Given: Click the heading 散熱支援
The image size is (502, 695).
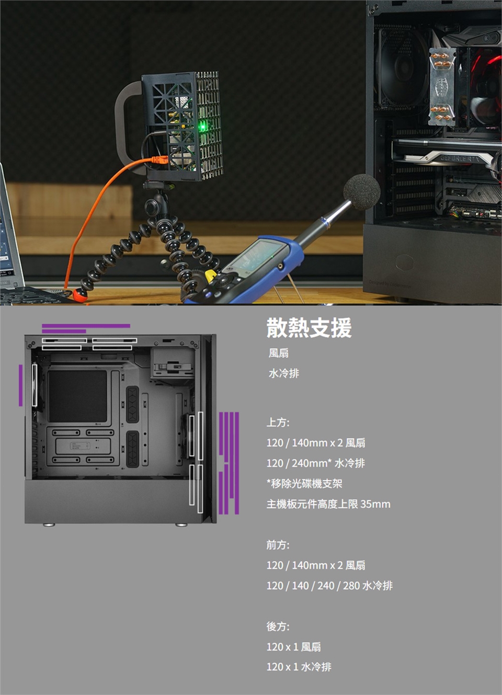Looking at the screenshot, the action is [x=309, y=328].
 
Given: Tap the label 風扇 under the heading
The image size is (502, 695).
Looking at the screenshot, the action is [x=279, y=353].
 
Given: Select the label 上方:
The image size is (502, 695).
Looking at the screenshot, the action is [x=278, y=422].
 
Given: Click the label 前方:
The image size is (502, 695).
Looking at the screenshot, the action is [x=278, y=545].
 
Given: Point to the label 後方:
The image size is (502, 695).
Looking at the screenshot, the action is [x=278, y=626].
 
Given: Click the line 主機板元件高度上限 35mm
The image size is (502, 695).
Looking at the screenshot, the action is [x=328, y=504].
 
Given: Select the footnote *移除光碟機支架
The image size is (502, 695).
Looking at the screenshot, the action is [x=304, y=483].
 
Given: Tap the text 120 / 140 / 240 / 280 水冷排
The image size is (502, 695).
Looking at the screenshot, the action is [x=329, y=586].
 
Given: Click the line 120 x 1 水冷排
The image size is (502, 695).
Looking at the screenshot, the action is [x=299, y=667].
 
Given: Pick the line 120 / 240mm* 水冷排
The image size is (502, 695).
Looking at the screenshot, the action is [x=315, y=463].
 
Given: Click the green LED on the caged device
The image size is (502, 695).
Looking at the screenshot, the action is [x=202, y=126].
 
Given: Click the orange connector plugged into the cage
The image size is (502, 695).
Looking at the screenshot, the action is [x=159, y=160].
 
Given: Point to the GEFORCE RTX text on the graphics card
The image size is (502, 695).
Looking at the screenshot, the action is [x=460, y=159].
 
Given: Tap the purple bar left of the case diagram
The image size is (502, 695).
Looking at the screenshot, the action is [x=21, y=385].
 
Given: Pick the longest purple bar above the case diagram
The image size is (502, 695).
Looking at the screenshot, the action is [x=86, y=326].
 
